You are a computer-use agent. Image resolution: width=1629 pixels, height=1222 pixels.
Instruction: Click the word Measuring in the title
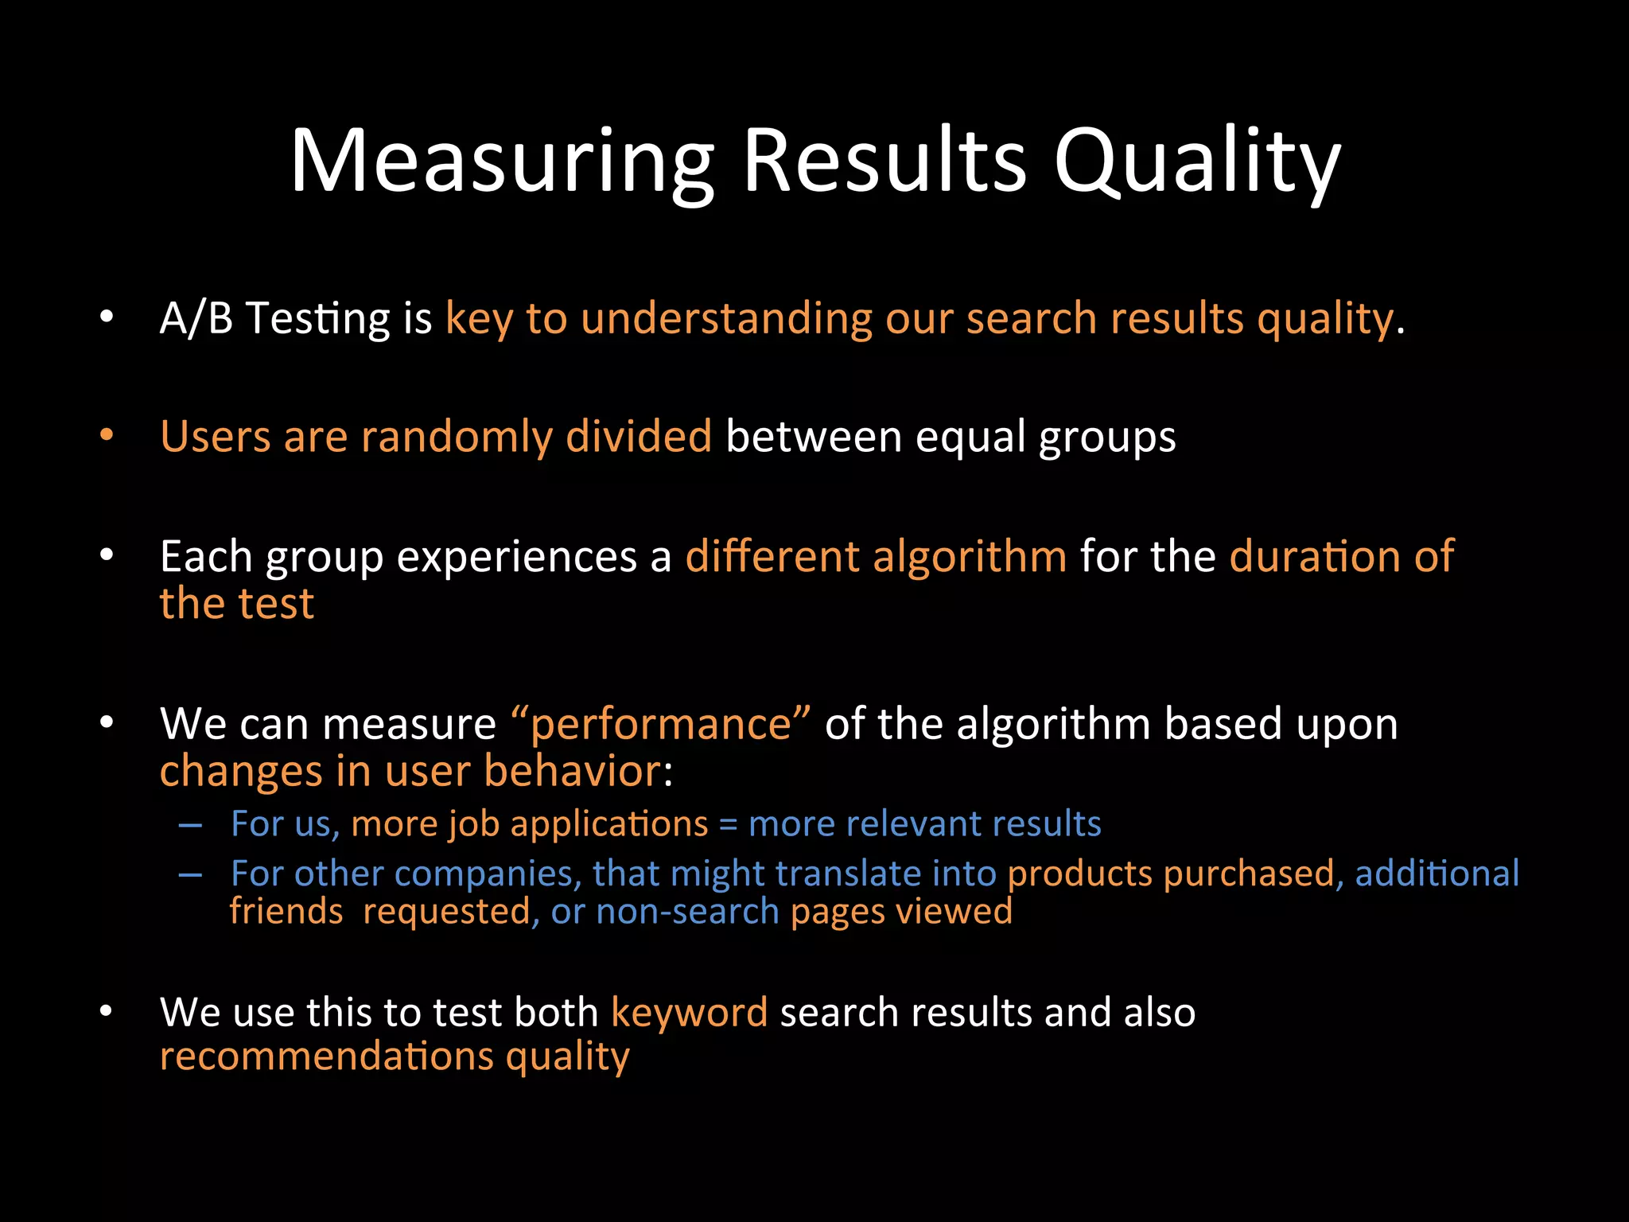pos(502,161)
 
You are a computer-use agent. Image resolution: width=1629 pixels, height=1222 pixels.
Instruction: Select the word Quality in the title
pos(1197,161)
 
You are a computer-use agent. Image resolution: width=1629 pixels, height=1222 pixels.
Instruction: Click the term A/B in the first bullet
pos(196,318)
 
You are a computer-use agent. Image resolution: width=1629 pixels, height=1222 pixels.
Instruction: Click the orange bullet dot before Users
pos(107,436)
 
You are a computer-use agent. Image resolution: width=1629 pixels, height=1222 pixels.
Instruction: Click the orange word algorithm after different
pos(970,555)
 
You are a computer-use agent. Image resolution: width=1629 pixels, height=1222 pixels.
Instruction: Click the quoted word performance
pos(660,724)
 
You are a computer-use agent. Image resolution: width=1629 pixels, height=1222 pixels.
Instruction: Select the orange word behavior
pos(572,771)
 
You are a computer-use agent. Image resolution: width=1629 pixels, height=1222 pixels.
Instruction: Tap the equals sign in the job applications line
pos(728,824)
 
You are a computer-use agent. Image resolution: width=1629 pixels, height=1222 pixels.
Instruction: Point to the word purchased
pos(1249,874)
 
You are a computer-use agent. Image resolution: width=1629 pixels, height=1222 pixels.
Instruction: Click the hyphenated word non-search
pos(687,911)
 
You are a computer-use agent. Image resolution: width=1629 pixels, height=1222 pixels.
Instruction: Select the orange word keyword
pos(689,1012)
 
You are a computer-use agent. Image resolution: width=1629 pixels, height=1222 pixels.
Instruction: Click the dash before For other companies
pos(190,874)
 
